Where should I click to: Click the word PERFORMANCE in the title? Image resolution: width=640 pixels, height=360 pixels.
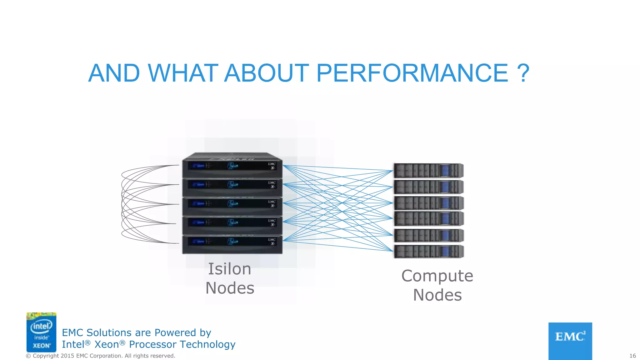point(412,73)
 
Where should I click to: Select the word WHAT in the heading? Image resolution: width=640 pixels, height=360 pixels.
point(183,73)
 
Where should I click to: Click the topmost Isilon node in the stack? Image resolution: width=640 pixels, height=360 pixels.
point(232,166)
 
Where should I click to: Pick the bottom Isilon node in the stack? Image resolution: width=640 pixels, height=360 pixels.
point(232,244)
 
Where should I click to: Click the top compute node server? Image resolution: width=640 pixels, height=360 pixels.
point(428,171)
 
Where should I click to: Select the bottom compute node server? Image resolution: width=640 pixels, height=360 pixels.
point(428,252)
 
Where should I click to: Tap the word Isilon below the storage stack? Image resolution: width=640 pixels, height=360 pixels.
point(230,269)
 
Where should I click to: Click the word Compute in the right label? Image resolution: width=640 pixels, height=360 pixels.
point(437,276)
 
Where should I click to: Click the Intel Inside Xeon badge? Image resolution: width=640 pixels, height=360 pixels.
point(41,332)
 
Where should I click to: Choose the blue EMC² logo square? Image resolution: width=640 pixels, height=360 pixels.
point(570,341)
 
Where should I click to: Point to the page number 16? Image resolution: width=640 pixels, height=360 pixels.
point(632,356)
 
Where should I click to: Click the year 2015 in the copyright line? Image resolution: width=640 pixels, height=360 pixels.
point(67,356)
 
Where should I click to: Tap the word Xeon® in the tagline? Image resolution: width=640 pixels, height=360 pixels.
point(110,344)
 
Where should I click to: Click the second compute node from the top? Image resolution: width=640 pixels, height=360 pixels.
point(428,187)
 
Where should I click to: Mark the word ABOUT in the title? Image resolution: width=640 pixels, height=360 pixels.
point(267,73)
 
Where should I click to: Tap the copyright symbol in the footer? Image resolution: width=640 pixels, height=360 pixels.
point(28,356)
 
